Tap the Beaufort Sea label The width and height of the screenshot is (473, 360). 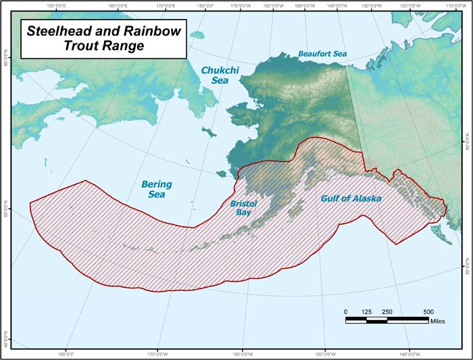322,53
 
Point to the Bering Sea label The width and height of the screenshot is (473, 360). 156,189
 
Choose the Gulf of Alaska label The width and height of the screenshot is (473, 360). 350,199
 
